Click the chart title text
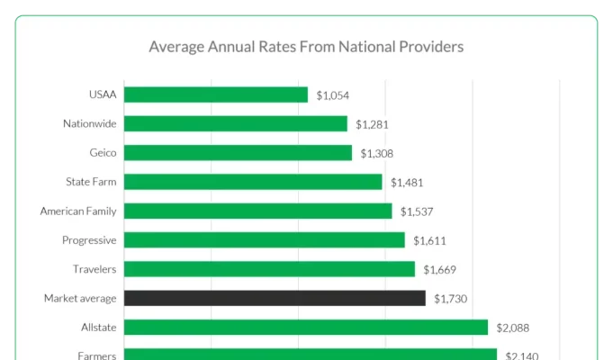point(306,46)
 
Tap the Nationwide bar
point(236,123)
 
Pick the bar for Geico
point(238,153)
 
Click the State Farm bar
point(253,182)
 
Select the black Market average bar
point(275,298)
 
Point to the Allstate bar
point(306,327)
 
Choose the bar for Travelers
point(269,269)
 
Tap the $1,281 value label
point(372,124)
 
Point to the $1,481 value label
point(407,183)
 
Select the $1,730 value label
point(450,299)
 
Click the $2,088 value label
point(512,328)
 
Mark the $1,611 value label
point(429,240)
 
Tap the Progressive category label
point(89,240)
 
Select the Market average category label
point(80,298)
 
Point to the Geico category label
point(103,153)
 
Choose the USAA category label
point(103,94)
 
